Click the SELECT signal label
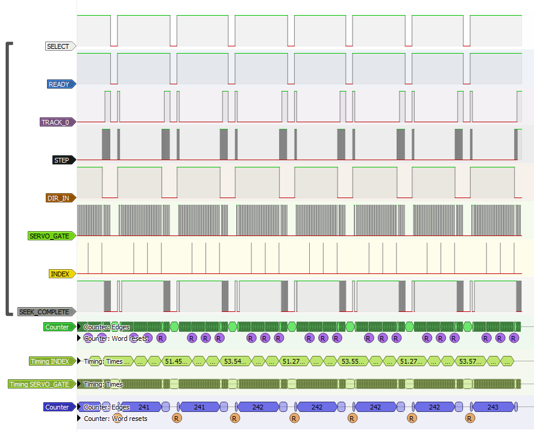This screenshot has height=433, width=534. (x=58, y=46)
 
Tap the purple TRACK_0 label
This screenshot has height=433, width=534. (x=55, y=122)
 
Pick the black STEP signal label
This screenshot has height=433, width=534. (x=61, y=160)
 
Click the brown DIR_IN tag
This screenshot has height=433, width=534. (x=59, y=198)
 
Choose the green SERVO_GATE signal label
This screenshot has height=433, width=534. (x=49, y=236)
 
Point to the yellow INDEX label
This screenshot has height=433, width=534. (x=60, y=274)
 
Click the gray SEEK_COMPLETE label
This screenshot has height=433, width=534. (x=44, y=312)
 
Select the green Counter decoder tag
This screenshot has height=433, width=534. (x=57, y=327)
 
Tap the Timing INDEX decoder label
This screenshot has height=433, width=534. (x=49, y=361)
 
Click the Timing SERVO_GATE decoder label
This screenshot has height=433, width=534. (x=40, y=384)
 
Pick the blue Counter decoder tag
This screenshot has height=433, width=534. (x=57, y=407)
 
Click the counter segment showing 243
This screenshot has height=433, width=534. (x=492, y=407)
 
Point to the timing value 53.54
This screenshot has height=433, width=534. (x=236, y=361)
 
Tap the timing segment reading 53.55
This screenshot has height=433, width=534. (x=353, y=361)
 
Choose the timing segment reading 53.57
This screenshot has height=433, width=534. (x=471, y=361)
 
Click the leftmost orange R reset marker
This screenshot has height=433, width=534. (x=177, y=418)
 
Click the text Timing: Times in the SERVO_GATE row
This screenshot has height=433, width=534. (x=103, y=384)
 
